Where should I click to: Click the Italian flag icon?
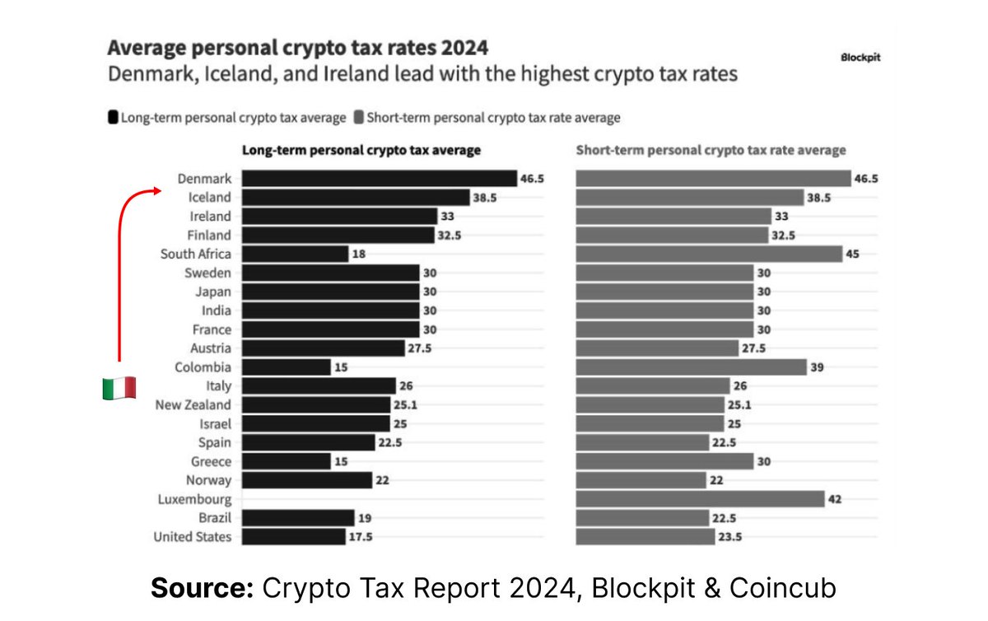(119, 389)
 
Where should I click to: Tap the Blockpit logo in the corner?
(860, 58)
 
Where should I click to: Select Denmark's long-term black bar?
(379, 179)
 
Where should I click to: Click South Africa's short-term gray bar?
(708, 254)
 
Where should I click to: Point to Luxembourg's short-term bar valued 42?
(700, 499)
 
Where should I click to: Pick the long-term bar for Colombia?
(287, 367)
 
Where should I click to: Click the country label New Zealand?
(193, 405)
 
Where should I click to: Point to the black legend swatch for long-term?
(113, 118)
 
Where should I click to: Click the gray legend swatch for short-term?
(358, 118)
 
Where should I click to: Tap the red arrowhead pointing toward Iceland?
(156, 191)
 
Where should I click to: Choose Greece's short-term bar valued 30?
(664, 461)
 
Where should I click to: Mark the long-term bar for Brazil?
(298, 518)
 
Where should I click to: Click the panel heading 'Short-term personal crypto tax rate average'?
(711, 151)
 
